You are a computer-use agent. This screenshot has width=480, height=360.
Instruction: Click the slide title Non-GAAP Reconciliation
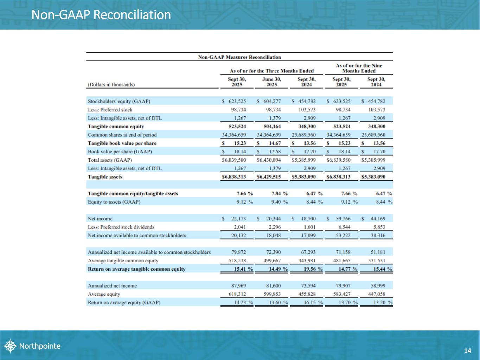coord(101,15)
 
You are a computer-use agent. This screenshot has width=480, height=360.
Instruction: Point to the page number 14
coord(467,351)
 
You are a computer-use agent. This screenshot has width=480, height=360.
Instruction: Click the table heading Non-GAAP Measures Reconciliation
coord(239,57)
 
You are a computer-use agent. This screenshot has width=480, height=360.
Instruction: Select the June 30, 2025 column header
coord(271,82)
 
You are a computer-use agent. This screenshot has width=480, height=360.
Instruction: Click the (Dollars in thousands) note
coord(111,84)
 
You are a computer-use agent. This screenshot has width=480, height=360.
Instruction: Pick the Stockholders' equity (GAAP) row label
coord(119,101)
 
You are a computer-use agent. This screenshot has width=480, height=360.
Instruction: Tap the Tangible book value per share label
coord(122,143)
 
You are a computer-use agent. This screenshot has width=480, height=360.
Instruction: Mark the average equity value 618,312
coord(237,294)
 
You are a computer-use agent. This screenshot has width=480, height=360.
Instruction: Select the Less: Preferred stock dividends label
coord(121,227)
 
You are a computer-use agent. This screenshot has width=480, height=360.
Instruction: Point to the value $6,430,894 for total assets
coord(269,160)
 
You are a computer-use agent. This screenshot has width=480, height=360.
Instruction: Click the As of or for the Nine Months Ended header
coord(359,68)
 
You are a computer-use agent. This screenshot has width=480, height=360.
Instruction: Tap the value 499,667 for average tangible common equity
coord(272,261)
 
